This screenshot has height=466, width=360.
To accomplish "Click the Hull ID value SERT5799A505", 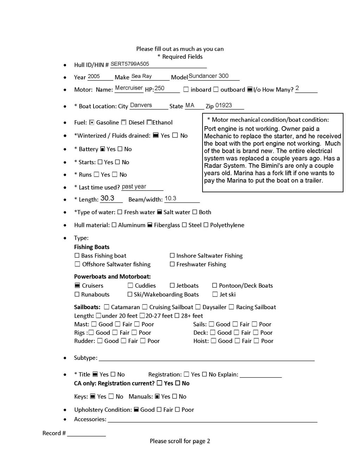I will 130,64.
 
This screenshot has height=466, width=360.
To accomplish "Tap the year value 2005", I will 94,76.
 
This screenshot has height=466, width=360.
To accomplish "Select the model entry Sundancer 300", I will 208,76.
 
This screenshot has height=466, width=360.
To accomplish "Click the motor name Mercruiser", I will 129,88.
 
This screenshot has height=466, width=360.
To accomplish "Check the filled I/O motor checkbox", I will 250,90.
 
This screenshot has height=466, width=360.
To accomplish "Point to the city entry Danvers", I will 141,105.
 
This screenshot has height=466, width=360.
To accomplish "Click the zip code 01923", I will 224,106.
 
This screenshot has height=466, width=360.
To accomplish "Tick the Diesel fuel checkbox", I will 124,122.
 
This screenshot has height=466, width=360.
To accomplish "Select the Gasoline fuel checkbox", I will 92,122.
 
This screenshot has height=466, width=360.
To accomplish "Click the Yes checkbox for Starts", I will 100,162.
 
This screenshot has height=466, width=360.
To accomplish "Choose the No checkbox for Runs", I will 115,174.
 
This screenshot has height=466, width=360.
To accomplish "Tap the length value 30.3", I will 107,198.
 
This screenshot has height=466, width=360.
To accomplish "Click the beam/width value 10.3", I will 171,198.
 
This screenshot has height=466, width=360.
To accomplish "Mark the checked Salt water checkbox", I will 159,212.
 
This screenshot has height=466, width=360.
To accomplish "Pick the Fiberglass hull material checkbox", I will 150,225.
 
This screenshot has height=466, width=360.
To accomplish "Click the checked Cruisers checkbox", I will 77,286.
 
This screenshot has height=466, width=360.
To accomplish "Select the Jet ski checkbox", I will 215,294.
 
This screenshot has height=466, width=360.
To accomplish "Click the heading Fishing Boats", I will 92,247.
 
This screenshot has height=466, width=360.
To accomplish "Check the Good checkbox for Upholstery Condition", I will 136,410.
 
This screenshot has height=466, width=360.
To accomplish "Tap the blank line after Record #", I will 86,433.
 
